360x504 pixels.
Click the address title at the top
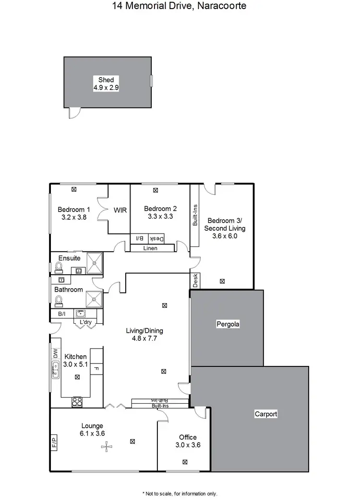click(x=180, y=6)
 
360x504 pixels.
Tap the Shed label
click(x=106, y=80)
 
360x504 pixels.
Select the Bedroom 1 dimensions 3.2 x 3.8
click(x=73, y=217)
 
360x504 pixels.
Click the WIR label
click(x=120, y=210)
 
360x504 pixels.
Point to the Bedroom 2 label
click(x=160, y=209)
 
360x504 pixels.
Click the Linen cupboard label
click(x=151, y=248)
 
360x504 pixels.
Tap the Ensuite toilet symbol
click(x=59, y=267)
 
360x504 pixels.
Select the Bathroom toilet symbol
click(x=59, y=300)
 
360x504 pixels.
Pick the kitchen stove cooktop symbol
click(x=77, y=402)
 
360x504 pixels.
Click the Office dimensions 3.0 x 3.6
click(x=188, y=445)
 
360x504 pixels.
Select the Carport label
click(x=266, y=414)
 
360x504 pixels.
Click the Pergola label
click(x=228, y=324)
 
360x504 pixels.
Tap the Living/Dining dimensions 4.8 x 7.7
click(x=144, y=338)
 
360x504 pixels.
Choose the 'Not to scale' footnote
click(x=180, y=493)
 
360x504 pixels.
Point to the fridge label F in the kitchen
click(x=96, y=369)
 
